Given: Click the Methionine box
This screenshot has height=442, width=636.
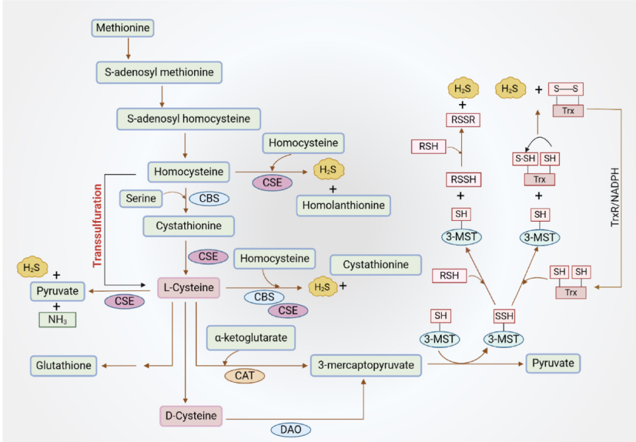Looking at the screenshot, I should [x=123, y=28].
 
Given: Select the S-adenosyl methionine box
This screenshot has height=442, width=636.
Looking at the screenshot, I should [x=159, y=73].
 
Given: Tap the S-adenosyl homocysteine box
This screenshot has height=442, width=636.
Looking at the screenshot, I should [x=189, y=119].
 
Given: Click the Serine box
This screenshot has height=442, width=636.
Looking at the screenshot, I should [x=140, y=198].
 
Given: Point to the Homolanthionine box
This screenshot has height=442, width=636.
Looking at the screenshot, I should [x=343, y=205].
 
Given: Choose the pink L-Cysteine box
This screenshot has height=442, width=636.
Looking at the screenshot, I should [x=189, y=288].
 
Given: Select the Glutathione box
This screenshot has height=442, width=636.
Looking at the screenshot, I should [x=64, y=365].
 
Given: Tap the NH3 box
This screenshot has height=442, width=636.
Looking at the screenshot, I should [x=56, y=320].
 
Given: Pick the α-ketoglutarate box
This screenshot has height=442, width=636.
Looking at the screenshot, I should [x=250, y=337].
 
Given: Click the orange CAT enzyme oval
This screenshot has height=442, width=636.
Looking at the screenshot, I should [x=244, y=376].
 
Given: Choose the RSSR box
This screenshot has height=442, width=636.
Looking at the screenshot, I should [x=462, y=120].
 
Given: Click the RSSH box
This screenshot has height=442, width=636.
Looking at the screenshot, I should [x=462, y=179].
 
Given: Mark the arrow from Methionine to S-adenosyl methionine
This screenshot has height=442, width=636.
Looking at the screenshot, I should [x=128, y=48].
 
